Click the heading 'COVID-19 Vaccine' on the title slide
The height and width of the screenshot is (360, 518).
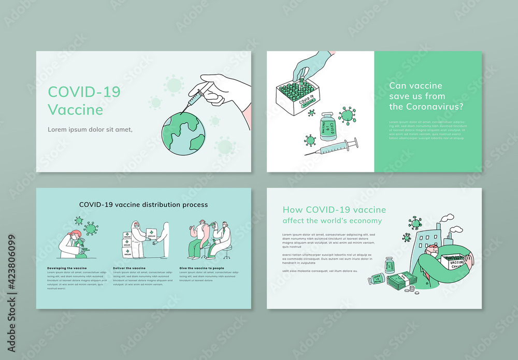tap(84, 100)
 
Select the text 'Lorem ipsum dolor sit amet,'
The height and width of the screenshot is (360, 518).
tap(90, 129)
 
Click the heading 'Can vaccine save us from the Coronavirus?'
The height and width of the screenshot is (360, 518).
tap(426, 96)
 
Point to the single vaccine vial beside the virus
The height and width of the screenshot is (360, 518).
tap(327, 126)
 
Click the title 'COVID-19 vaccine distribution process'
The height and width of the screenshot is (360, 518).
tap(143, 205)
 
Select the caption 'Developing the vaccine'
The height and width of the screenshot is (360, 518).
tap(67, 268)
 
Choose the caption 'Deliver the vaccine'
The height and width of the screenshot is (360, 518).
tap(129, 268)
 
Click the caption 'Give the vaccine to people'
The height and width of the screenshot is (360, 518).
tap(202, 268)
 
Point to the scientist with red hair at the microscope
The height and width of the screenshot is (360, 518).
tap(73, 243)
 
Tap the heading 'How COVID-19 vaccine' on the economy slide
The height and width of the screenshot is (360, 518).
tap(334, 210)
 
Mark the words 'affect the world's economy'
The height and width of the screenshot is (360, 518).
tap(332, 221)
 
